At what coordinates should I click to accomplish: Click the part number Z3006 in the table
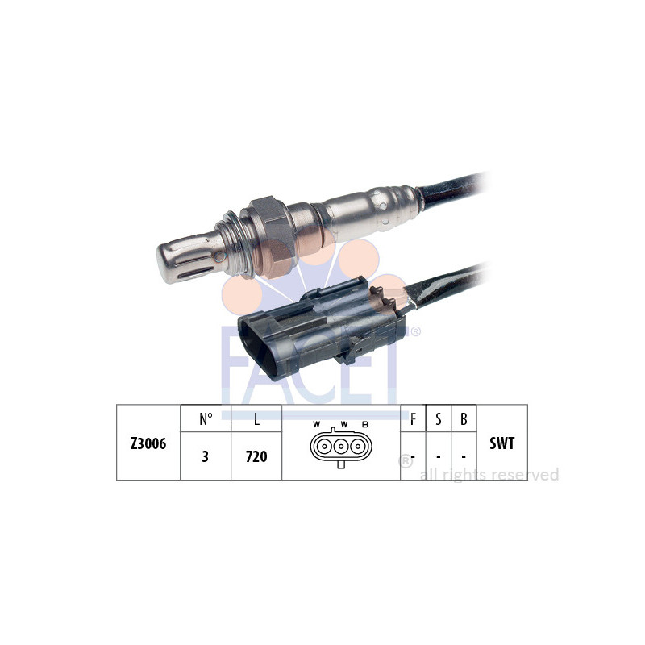148,443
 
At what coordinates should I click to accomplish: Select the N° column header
206,418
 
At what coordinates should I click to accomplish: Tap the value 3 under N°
205,456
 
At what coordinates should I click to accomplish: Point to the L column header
256,418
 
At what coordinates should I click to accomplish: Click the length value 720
256,456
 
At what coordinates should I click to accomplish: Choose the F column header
413,418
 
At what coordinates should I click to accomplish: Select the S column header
439,418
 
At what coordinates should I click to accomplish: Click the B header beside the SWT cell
464,418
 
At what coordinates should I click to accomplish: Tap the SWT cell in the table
501,443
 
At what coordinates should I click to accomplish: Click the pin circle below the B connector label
356,447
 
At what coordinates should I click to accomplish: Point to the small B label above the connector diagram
365,425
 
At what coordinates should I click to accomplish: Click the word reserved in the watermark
526,475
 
